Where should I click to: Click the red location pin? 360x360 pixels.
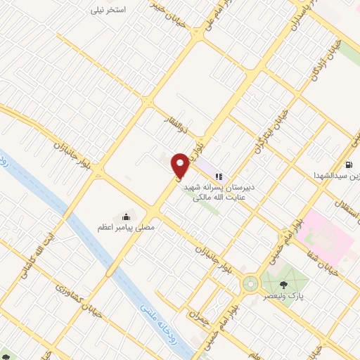pyautogui.click(x=181, y=165)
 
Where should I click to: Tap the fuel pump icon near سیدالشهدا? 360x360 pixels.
pyautogui.click(x=348, y=165)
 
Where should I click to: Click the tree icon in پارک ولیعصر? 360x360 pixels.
pyautogui.click(x=283, y=284)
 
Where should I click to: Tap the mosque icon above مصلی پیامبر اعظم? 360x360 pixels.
pyautogui.click(x=126, y=215)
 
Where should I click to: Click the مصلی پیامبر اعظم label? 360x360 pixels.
pyautogui.click(x=126, y=228)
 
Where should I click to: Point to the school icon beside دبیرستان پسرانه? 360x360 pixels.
pyautogui.click(x=219, y=176)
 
